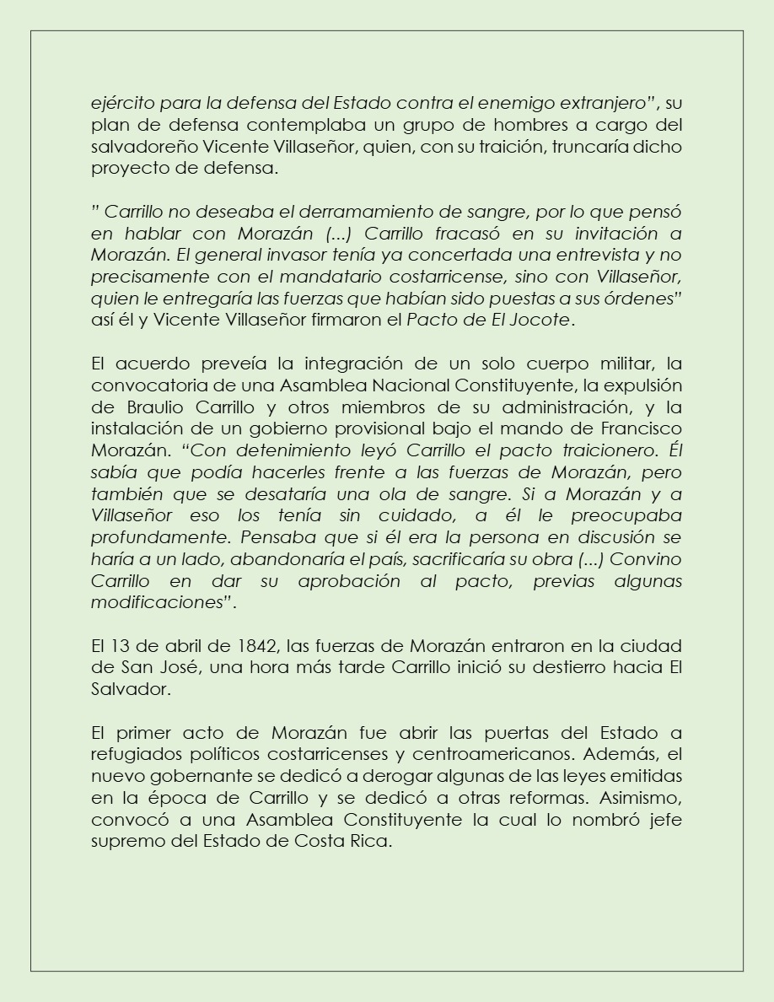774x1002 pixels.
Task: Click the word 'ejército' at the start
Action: (119, 105)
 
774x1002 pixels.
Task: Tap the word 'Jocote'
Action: (546, 320)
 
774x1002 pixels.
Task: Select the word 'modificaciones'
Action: (158, 603)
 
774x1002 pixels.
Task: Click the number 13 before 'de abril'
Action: (119, 646)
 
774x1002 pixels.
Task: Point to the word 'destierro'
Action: (578, 667)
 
